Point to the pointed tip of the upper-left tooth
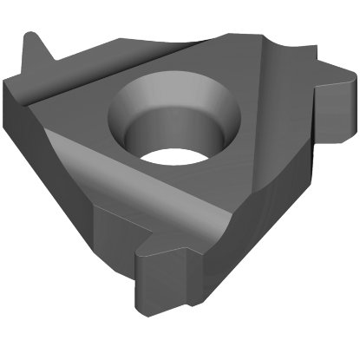[x=32, y=36]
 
